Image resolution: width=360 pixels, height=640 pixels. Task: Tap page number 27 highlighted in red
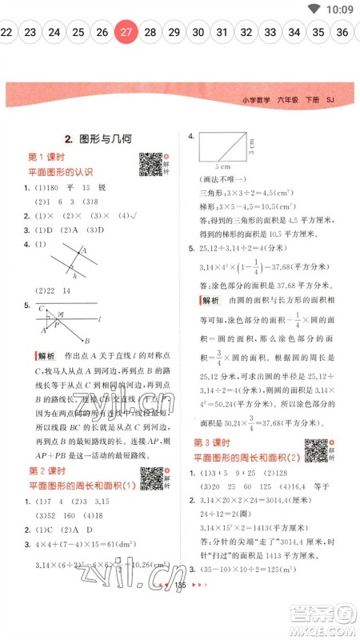click(x=126, y=33)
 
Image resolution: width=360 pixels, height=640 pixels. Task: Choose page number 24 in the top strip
click(x=54, y=33)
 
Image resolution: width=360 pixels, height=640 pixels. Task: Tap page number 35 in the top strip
click(x=318, y=33)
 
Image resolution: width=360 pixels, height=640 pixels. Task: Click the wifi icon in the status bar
click(x=314, y=9)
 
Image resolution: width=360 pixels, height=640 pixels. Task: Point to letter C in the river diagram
click(x=41, y=307)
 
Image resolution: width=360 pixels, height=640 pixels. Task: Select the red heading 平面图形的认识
click(x=61, y=171)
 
